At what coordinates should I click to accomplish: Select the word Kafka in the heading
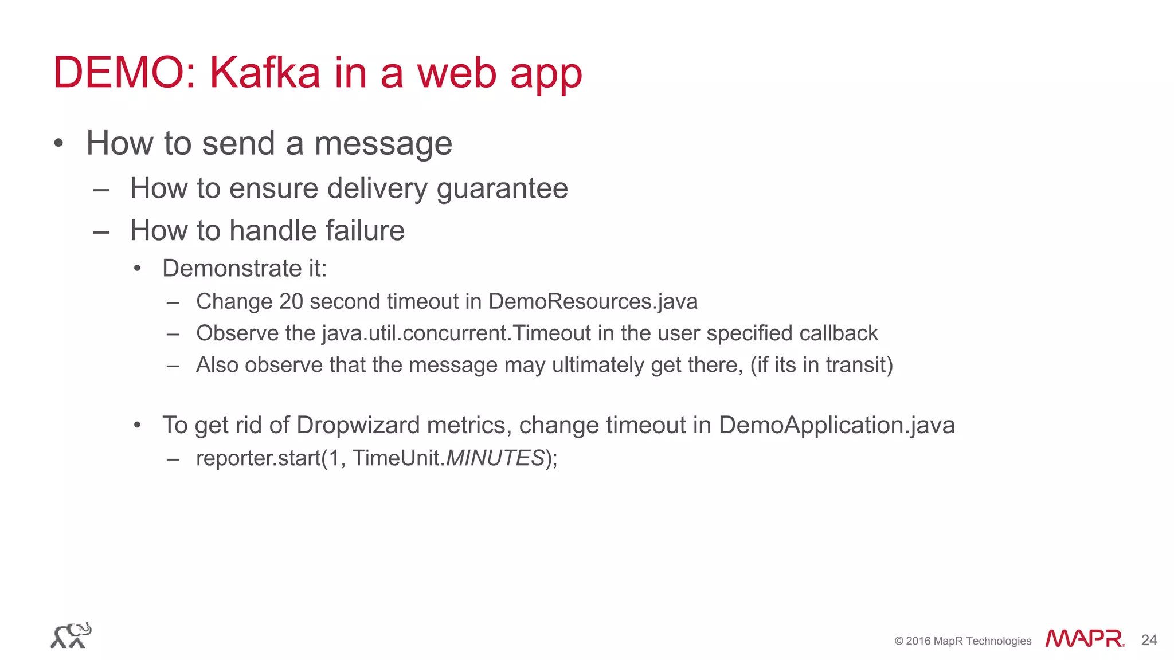coord(265,73)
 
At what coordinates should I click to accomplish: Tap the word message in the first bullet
coord(383,143)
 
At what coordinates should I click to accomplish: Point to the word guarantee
coord(502,188)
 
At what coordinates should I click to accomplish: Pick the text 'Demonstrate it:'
coord(244,268)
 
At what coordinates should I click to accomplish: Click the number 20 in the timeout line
coord(291,301)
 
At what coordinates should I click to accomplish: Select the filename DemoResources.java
coord(593,301)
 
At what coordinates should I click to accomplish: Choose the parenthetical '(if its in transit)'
coord(821,365)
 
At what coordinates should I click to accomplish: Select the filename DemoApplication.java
coord(836,425)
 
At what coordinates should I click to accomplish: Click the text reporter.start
coord(258,458)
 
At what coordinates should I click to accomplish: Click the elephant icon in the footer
coord(71,635)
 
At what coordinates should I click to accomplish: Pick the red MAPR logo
coord(1084,639)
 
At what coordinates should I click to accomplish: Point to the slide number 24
coord(1149,640)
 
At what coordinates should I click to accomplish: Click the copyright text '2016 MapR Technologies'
coord(968,641)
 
